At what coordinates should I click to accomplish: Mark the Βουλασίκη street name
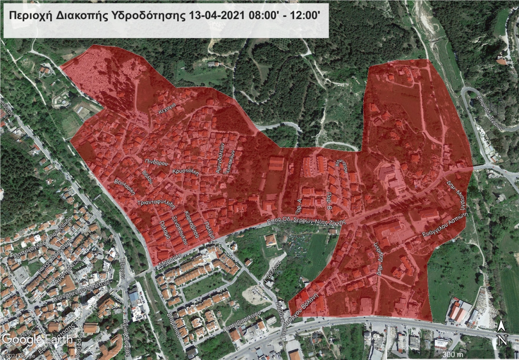(125, 186)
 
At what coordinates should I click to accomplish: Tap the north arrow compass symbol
(501, 333)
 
